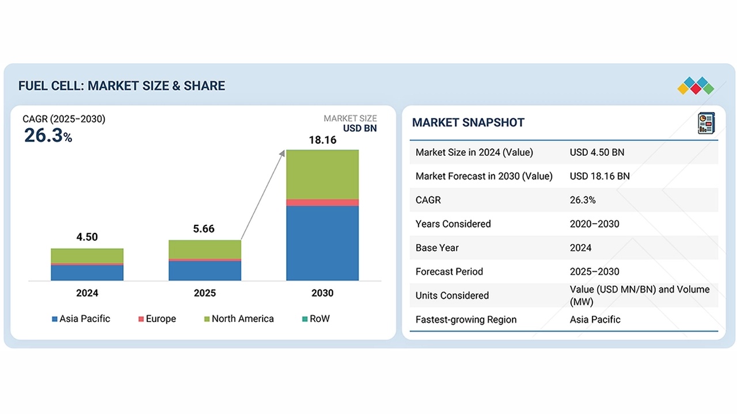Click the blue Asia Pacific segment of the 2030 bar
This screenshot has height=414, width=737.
tap(322, 243)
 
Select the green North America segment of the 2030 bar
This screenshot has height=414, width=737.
tap(322, 174)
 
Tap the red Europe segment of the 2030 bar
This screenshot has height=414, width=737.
tap(322, 202)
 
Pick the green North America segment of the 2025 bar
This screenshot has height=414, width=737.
tap(205, 250)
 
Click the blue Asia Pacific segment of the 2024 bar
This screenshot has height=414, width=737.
tap(87, 273)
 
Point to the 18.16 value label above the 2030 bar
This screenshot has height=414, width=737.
tap(322, 140)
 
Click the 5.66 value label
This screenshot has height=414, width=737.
tap(204, 229)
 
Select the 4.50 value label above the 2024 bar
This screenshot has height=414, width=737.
tap(87, 237)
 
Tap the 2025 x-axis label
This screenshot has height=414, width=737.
tap(204, 293)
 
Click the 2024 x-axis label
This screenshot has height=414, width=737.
tap(87, 293)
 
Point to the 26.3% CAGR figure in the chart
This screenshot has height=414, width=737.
tap(48, 136)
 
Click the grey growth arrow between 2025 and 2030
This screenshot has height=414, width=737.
tap(263, 195)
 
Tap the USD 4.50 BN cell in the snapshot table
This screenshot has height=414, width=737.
tap(597, 152)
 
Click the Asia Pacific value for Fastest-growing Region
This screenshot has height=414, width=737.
tap(595, 320)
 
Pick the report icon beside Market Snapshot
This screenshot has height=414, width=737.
tap(705, 123)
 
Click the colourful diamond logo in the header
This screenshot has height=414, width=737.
tap(696, 86)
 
